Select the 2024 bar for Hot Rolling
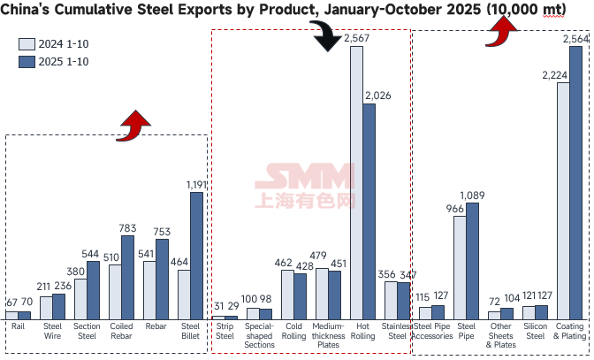tap(356, 182)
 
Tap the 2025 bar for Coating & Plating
tap(575, 182)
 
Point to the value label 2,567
tap(357, 39)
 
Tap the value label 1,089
tap(474, 195)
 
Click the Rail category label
tap(19, 326)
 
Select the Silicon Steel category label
tap(536, 330)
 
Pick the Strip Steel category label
tap(225, 330)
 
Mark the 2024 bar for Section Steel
tap(80, 299)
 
